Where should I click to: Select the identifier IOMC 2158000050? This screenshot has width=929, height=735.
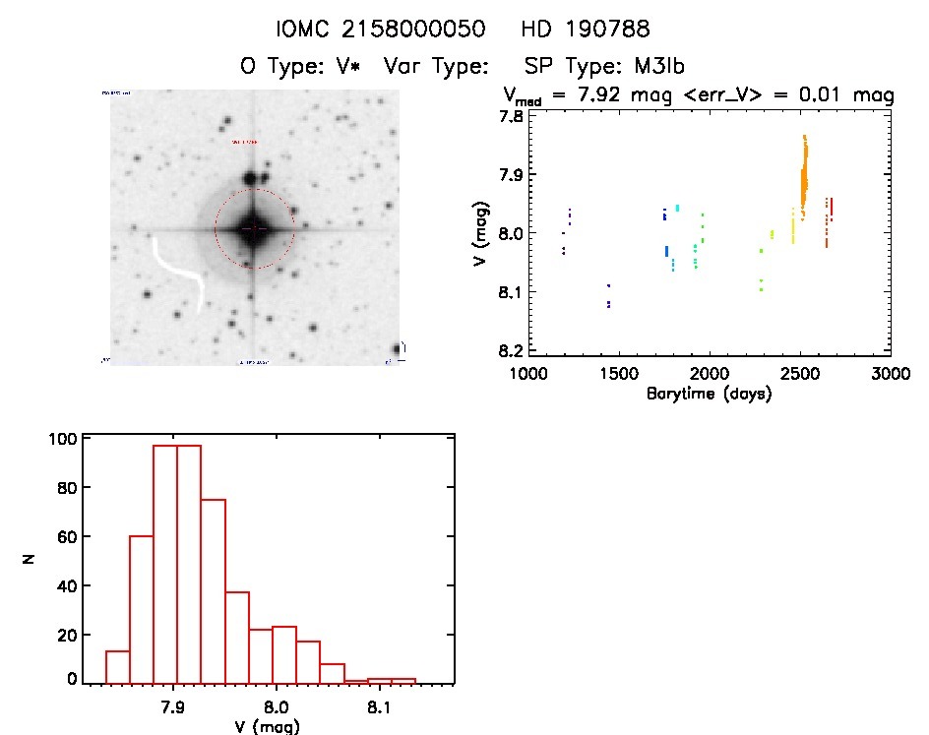point(382,30)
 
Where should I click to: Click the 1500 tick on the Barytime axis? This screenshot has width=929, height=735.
point(618,374)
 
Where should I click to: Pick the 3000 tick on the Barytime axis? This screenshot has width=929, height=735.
point(890,374)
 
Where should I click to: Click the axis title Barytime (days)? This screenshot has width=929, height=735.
point(709,394)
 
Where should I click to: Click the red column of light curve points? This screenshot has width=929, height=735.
point(829,221)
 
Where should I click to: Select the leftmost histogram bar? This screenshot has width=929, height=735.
point(117,666)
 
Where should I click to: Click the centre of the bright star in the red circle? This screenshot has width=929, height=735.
point(254,227)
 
